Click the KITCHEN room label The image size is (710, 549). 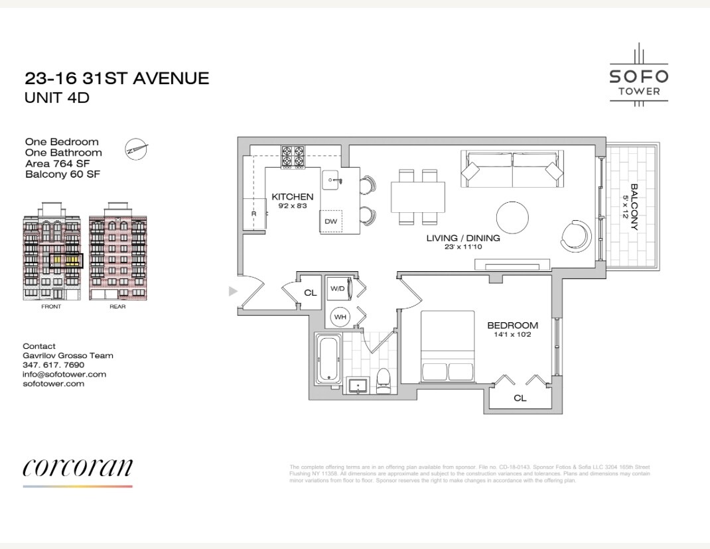293,197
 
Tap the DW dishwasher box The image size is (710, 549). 330,221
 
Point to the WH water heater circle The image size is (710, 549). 340,317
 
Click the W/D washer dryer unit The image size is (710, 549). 338,289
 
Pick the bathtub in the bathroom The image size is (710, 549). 327,359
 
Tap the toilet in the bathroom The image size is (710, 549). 383,381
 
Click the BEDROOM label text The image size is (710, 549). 512,326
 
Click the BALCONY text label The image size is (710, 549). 633,207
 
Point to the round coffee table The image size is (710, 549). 513,217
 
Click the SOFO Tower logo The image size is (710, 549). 639,76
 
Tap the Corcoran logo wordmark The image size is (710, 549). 78,467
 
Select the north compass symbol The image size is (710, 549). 136,149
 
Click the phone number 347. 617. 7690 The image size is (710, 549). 54,365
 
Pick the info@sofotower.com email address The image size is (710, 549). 64,374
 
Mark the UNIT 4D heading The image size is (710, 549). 57,97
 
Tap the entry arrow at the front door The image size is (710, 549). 232,290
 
